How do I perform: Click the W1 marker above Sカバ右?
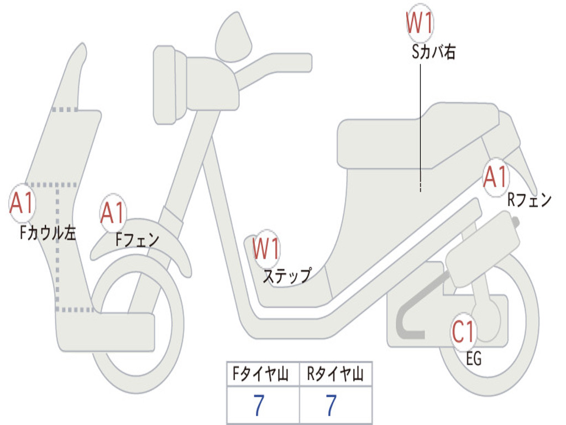click(x=420, y=23)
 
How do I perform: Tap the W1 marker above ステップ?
click(x=266, y=248)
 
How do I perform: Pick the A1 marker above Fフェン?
click(x=113, y=213)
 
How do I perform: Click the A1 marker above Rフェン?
click(x=496, y=177)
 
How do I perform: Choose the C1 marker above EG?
click(x=464, y=332)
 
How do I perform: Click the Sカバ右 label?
click(x=433, y=52)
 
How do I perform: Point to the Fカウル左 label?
click(x=48, y=233)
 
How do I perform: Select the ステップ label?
click(x=287, y=276)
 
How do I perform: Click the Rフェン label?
click(x=530, y=199)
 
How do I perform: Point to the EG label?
click(x=474, y=359)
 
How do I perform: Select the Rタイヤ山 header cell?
click(x=336, y=374)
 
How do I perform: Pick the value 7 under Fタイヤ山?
click(x=259, y=405)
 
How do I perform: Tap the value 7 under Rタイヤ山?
click(x=332, y=405)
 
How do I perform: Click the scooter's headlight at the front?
click(x=169, y=85)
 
